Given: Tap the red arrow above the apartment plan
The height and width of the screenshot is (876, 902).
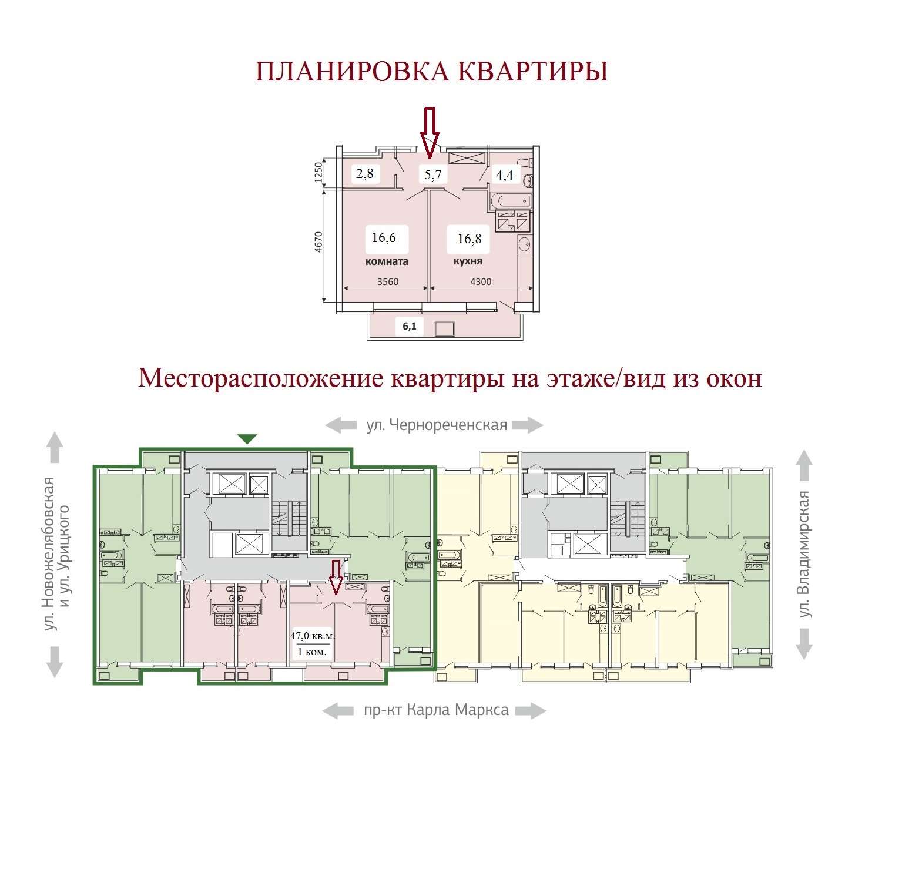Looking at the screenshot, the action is tap(430, 133).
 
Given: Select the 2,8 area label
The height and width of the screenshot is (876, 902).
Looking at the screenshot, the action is tap(364, 173).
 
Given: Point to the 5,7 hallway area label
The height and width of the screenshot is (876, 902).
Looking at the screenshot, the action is tap(433, 174).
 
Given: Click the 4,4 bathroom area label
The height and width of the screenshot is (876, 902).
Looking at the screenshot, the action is tap(505, 174).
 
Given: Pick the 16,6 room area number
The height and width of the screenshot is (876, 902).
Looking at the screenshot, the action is tap(384, 237).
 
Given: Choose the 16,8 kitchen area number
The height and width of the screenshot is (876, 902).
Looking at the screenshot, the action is tap(470, 239).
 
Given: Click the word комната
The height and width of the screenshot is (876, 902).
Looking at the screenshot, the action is tap(387, 261).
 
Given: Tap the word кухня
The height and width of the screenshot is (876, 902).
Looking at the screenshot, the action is tap(468, 261).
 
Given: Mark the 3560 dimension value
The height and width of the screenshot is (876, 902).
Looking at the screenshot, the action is tap(388, 281).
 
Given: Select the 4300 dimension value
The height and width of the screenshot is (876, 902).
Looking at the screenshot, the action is tap(481, 281).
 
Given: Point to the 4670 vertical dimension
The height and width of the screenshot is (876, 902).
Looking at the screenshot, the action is tap(318, 242).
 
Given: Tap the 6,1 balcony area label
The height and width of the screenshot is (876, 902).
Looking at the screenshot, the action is tap(410, 326).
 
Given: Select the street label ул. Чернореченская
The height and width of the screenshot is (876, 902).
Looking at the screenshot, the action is tap(437, 425).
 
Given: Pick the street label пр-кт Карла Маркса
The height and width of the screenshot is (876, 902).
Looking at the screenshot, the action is tap(436, 710).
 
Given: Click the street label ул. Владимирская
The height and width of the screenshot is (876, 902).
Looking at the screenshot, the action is tap(804, 554).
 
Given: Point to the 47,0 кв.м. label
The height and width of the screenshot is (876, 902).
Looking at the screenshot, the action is tap(313, 636).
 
